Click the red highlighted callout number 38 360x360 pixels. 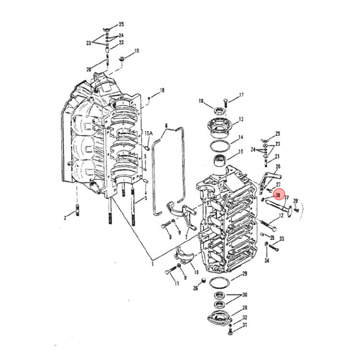[278, 195]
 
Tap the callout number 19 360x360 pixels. [136, 50]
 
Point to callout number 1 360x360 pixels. [152, 264]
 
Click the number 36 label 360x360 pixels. [195, 288]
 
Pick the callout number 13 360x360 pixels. [241, 119]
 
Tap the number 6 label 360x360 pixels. [166, 126]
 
